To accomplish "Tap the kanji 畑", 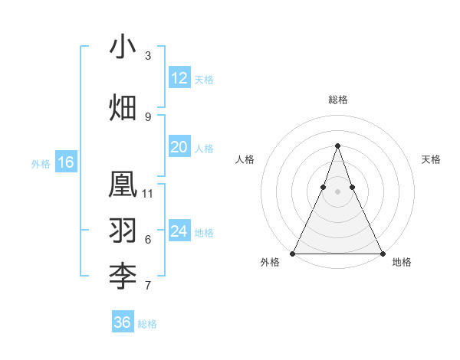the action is tap(123, 107).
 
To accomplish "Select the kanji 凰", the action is tap(123, 185).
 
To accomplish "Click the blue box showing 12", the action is tap(179, 78).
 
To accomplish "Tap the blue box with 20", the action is tap(179, 147).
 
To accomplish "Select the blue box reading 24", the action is tap(179, 231).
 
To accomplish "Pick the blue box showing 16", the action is tap(66, 162).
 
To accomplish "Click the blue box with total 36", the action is tap(123, 322).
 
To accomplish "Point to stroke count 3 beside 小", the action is tap(148, 56).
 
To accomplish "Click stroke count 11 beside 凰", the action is tap(148, 193).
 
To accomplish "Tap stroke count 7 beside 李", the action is tap(148, 286).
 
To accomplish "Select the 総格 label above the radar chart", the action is tap(337, 100).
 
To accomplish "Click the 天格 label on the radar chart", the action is tap(431, 159).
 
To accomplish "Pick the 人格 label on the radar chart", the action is tap(245, 159).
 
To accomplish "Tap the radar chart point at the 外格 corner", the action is tap(293, 253).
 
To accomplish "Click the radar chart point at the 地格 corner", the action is tap(382, 253).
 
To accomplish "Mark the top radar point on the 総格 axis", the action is tap(337, 146).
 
